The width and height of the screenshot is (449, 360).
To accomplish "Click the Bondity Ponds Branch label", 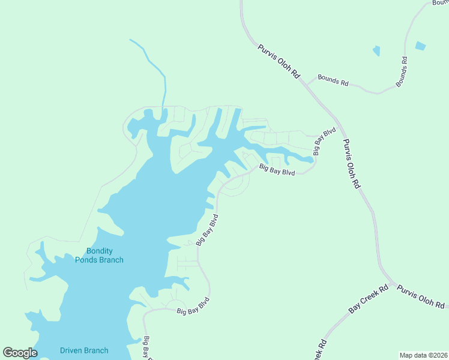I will [x=99, y=255].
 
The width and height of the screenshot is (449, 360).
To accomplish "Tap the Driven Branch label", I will [x=84, y=350].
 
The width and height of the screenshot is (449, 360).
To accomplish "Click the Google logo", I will [x=20, y=352].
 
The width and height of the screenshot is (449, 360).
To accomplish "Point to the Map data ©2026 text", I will [x=423, y=355].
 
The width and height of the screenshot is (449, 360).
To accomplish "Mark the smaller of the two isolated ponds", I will [x=376, y=51].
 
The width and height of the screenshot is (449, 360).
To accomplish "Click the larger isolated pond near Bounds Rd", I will [x=420, y=45].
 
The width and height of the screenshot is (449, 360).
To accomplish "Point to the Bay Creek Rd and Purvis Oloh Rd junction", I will [x=392, y=282].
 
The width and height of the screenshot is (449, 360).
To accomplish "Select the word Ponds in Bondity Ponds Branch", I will [x=98, y=260].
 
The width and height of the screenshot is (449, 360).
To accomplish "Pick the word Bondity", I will [x=100, y=251].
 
